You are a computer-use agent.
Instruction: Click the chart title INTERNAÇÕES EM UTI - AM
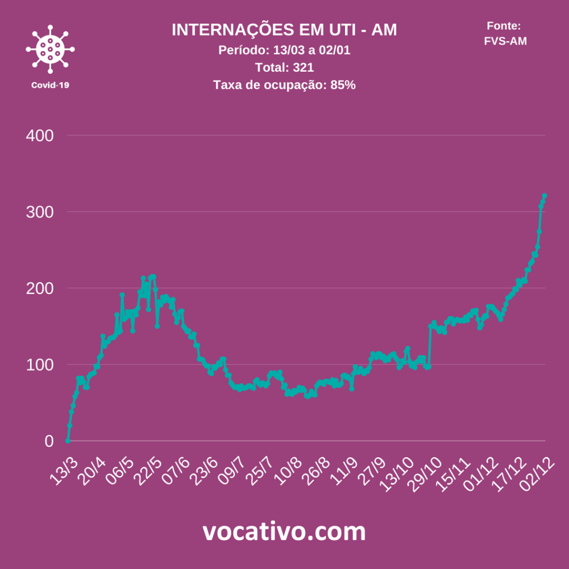click(284, 31)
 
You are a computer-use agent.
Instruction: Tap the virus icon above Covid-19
click(50, 49)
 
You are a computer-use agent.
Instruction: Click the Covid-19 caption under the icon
click(50, 85)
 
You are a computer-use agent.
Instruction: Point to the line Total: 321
click(284, 68)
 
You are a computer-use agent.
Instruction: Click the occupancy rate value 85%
click(343, 86)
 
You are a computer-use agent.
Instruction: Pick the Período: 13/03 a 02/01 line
click(284, 50)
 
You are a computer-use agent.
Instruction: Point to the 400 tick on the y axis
click(41, 136)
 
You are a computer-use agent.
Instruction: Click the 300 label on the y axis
click(41, 212)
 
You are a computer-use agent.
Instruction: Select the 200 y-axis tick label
click(41, 288)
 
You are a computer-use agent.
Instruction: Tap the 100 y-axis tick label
click(41, 365)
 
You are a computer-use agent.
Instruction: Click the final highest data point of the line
click(545, 196)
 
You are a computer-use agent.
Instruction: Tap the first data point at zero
click(68, 441)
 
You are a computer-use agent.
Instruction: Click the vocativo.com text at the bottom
click(284, 532)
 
